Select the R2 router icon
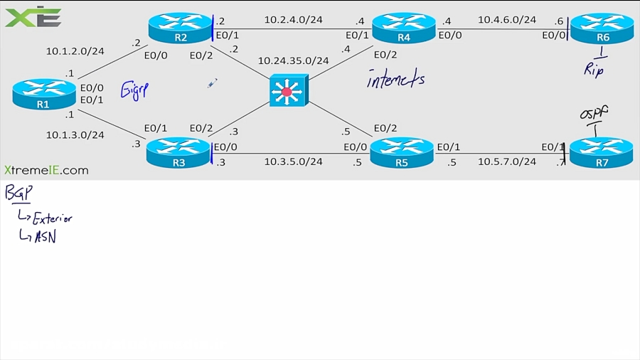(180, 28)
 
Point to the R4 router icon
(403, 28)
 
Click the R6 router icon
(602, 28)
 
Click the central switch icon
(287, 91)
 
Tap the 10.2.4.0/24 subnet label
(294, 20)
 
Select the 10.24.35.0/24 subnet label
(293, 60)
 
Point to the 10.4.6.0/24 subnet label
(507, 20)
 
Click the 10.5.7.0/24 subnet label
(507, 162)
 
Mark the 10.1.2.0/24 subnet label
(75, 51)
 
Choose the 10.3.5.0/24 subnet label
(294, 162)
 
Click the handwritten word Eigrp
(134, 90)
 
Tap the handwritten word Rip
(594, 69)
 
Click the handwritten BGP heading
(18, 193)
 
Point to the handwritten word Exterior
(52, 218)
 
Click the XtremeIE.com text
(46, 170)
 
